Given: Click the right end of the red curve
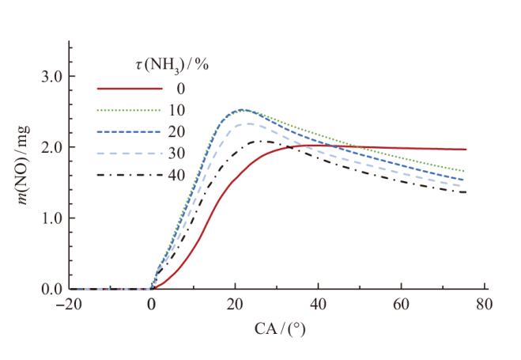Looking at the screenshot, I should (466, 150).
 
